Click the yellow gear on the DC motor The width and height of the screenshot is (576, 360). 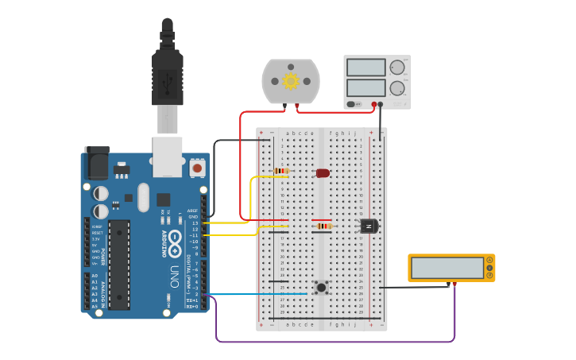click(x=291, y=81)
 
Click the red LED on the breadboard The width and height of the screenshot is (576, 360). click(x=323, y=172)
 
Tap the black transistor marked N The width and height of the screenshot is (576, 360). click(x=369, y=226)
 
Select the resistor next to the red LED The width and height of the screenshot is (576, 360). click(x=280, y=171)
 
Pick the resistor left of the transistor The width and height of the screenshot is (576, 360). click(x=324, y=226)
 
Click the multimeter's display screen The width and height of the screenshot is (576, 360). click(x=447, y=268)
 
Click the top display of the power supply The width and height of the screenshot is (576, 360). click(x=366, y=68)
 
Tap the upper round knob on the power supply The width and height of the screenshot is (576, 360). click(x=396, y=68)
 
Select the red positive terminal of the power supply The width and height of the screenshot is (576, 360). click(x=373, y=104)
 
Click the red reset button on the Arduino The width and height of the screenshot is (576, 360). click(x=196, y=168)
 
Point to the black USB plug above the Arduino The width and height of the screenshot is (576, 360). click(x=167, y=75)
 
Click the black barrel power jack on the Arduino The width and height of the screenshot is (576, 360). click(x=96, y=165)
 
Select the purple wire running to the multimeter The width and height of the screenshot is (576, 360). click(x=334, y=342)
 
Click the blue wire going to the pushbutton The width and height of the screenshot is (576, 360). click(x=254, y=294)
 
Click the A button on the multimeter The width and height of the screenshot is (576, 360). click(x=489, y=261)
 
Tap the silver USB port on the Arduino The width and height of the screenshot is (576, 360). click(x=168, y=156)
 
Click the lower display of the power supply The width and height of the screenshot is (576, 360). click(x=366, y=87)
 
